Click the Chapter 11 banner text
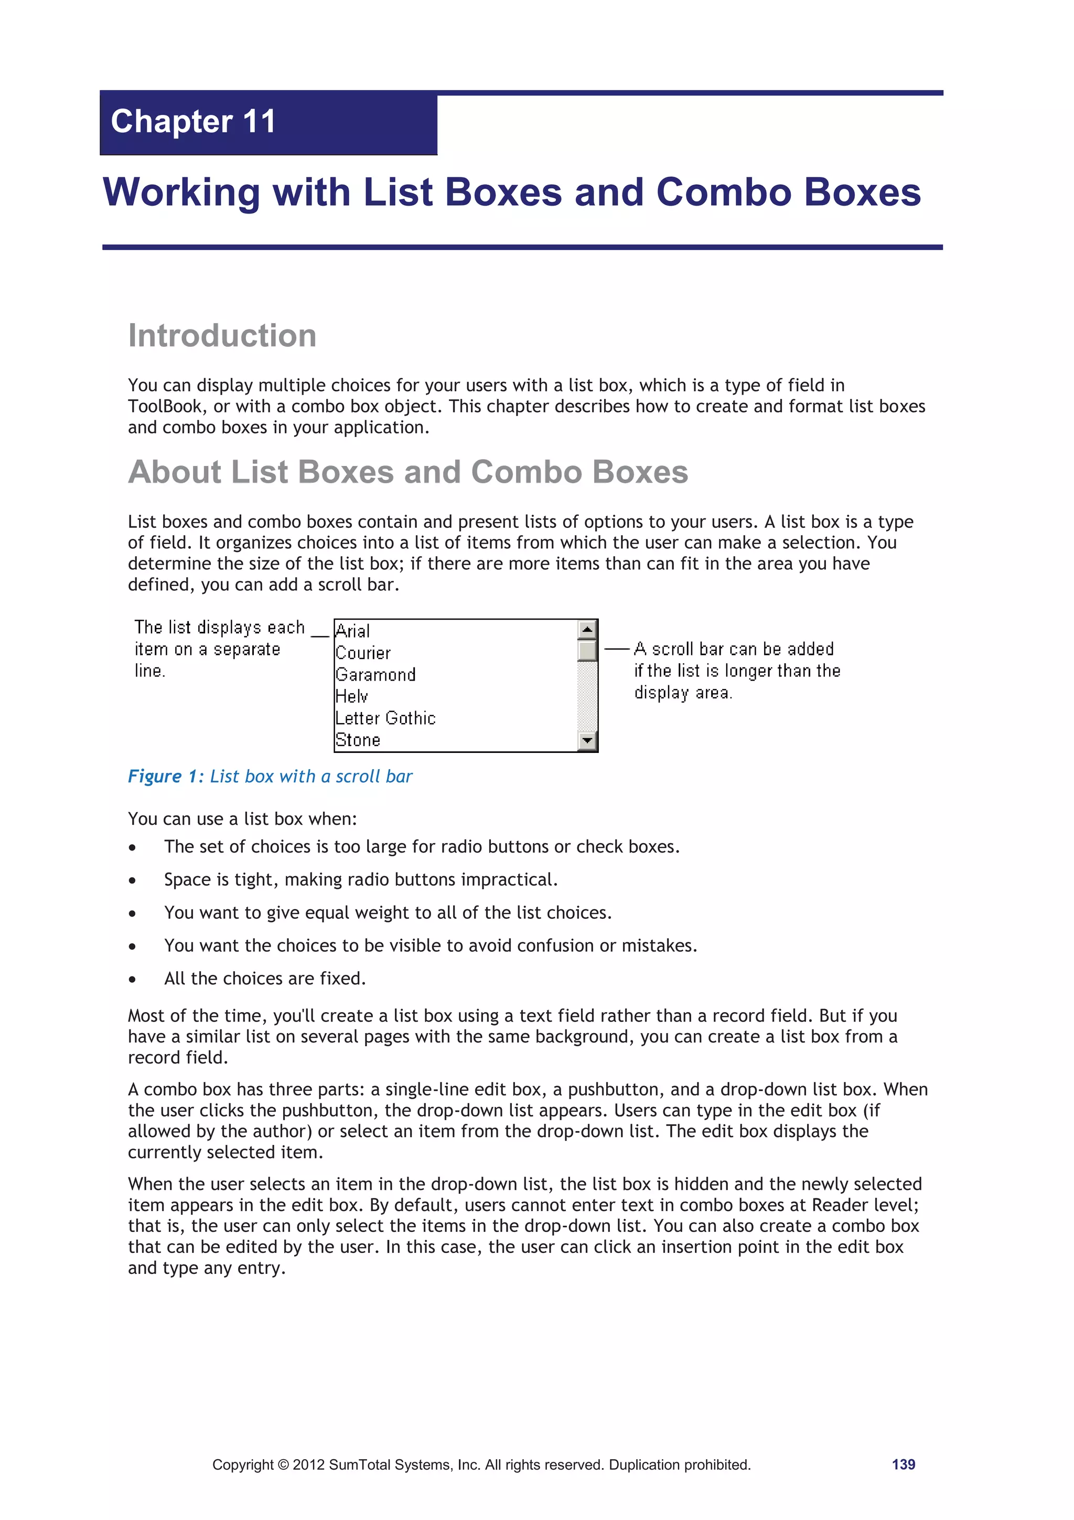(192, 122)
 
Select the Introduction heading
(222, 336)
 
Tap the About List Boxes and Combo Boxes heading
(407, 472)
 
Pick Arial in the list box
(353, 631)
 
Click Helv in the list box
(351, 696)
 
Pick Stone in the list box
(358, 740)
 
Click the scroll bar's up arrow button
(587, 629)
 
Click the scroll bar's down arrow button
(587, 741)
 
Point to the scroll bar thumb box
(587, 651)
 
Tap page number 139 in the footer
(903, 1464)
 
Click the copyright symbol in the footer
(283, 1465)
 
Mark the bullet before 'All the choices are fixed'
(132, 979)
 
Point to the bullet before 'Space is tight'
(132, 880)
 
